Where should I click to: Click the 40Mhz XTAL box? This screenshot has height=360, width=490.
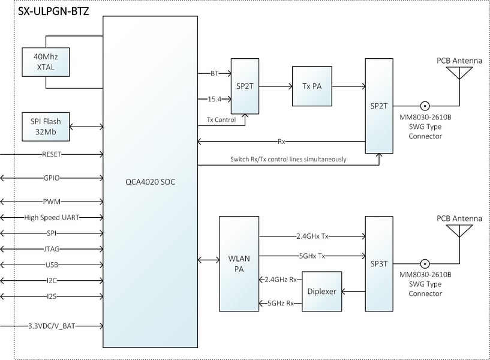[x=46, y=62]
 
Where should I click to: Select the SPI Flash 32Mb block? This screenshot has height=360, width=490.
[x=46, y=127]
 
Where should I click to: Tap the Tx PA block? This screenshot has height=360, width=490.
[x=312, y=86]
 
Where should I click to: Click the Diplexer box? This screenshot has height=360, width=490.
[x=321, y=291]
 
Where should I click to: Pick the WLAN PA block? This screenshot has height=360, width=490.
[x=239, y=264]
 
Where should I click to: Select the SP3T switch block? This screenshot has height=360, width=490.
[x=379, y=264]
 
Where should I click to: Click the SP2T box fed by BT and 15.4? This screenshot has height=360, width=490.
[x=245, y=86]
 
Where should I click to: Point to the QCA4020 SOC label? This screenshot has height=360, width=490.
[x=151, y=182]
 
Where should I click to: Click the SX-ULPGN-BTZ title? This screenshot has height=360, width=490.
[x=53, y=11]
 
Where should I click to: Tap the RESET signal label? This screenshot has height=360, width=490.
[x=52, y=154]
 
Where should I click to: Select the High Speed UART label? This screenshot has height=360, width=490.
[x=52, y=217]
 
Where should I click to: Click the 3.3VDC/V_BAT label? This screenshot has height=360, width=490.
[x=52, y=326]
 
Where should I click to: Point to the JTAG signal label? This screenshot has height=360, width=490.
[x=52, y=249]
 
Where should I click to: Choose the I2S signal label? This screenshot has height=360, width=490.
[x=52, y=296]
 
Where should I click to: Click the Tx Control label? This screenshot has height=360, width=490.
[x=221, y=119]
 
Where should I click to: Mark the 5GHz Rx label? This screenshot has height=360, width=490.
[x=281, y=303]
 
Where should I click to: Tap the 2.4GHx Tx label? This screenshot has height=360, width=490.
[x=312, y=236]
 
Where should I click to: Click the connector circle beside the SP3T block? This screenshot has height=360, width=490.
[x=425, y=264]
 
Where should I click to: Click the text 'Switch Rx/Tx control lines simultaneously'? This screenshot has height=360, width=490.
[x=288, y=160]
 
